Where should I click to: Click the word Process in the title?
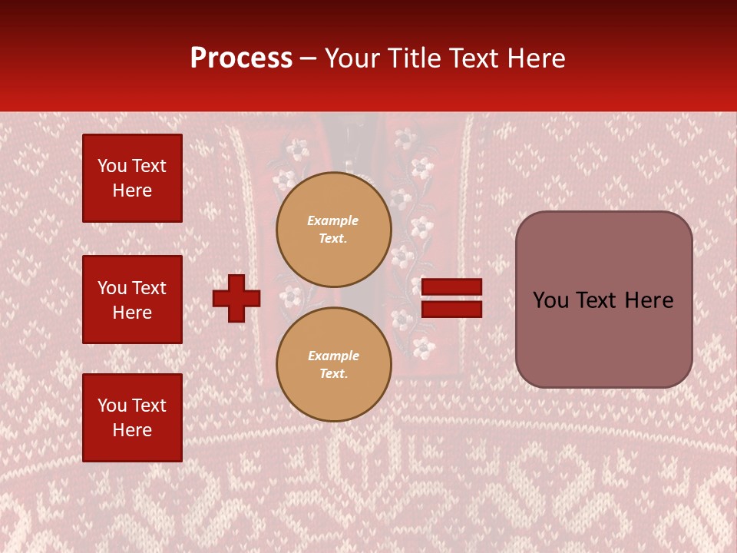pos(241,58)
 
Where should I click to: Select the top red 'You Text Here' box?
pos(132,178)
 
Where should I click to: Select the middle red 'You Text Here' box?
pos(132,300)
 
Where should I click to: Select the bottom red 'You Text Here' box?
pos(132,418)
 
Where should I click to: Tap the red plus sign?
pos(236,298)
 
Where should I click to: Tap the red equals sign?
pos(451,298)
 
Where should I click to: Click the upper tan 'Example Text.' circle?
pos(334,230)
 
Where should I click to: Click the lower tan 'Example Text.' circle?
pos(334,365)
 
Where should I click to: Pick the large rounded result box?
pos(603,300)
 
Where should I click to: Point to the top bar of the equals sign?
pos(451,286)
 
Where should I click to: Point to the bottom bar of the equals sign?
pos(451,310)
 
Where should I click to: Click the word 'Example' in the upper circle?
pos(333,221)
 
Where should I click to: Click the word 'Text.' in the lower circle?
pos(333,374)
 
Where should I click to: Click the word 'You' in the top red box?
pos(112,166)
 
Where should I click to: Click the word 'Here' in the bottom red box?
pos(132,430)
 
